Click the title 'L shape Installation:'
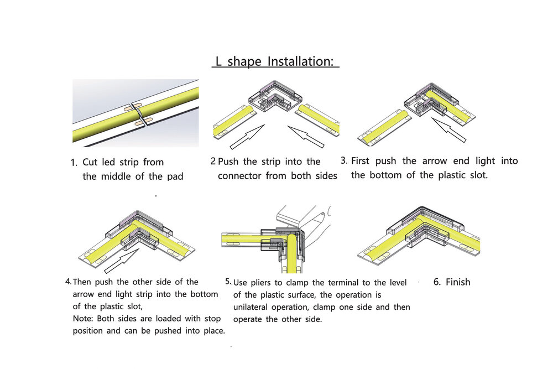tap(274, 61)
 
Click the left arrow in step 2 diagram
tap(247, 137)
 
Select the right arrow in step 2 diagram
tap(306, 137)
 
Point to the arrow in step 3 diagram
tap(449, 130)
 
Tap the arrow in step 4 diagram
tap(122, 261)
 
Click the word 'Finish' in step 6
tap(458, 282)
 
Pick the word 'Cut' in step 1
tap(90, 162)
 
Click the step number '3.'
tap(344, 160)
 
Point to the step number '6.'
tap(437, 282)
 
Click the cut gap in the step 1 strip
tap(137, 113)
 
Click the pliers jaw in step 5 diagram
tap(303, 217)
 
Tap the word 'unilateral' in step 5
tap(249, 307)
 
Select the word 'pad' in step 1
tap(175, 176)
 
